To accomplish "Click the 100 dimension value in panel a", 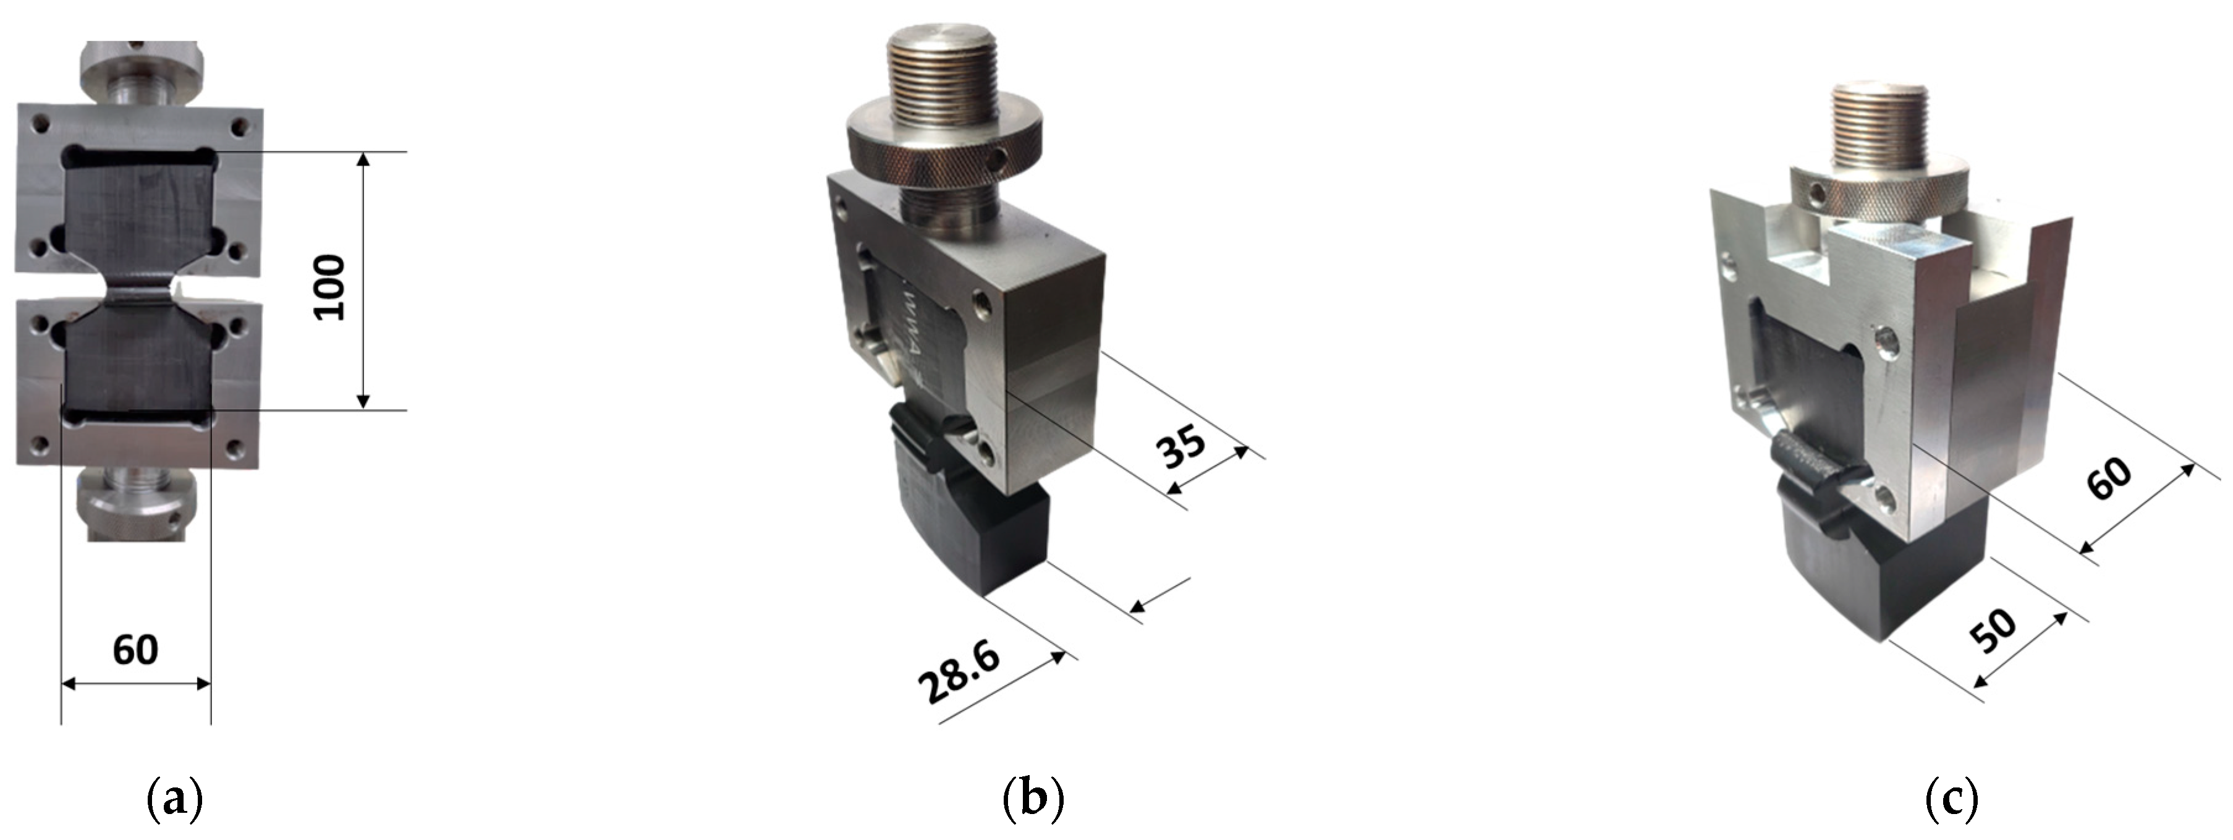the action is coord(329,288).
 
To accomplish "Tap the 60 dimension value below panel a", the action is coord(135,650).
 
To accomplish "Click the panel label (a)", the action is coord(176,799).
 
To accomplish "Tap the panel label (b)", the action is coord(1032,799).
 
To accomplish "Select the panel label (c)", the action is coord(1951,799).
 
